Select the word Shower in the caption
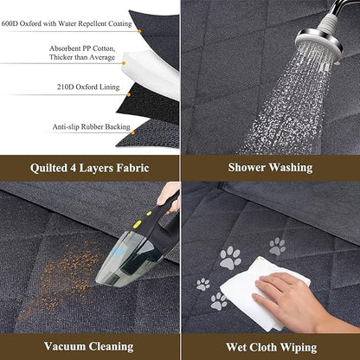(246, 167)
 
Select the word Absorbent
(65, 48)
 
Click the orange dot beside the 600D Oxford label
(139, 31)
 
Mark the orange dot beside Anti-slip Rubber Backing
(133, 133)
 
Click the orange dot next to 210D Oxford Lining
(129, 94)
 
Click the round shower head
(318, 45)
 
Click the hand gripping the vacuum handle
(169, 196)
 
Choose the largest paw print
(230, 259)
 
